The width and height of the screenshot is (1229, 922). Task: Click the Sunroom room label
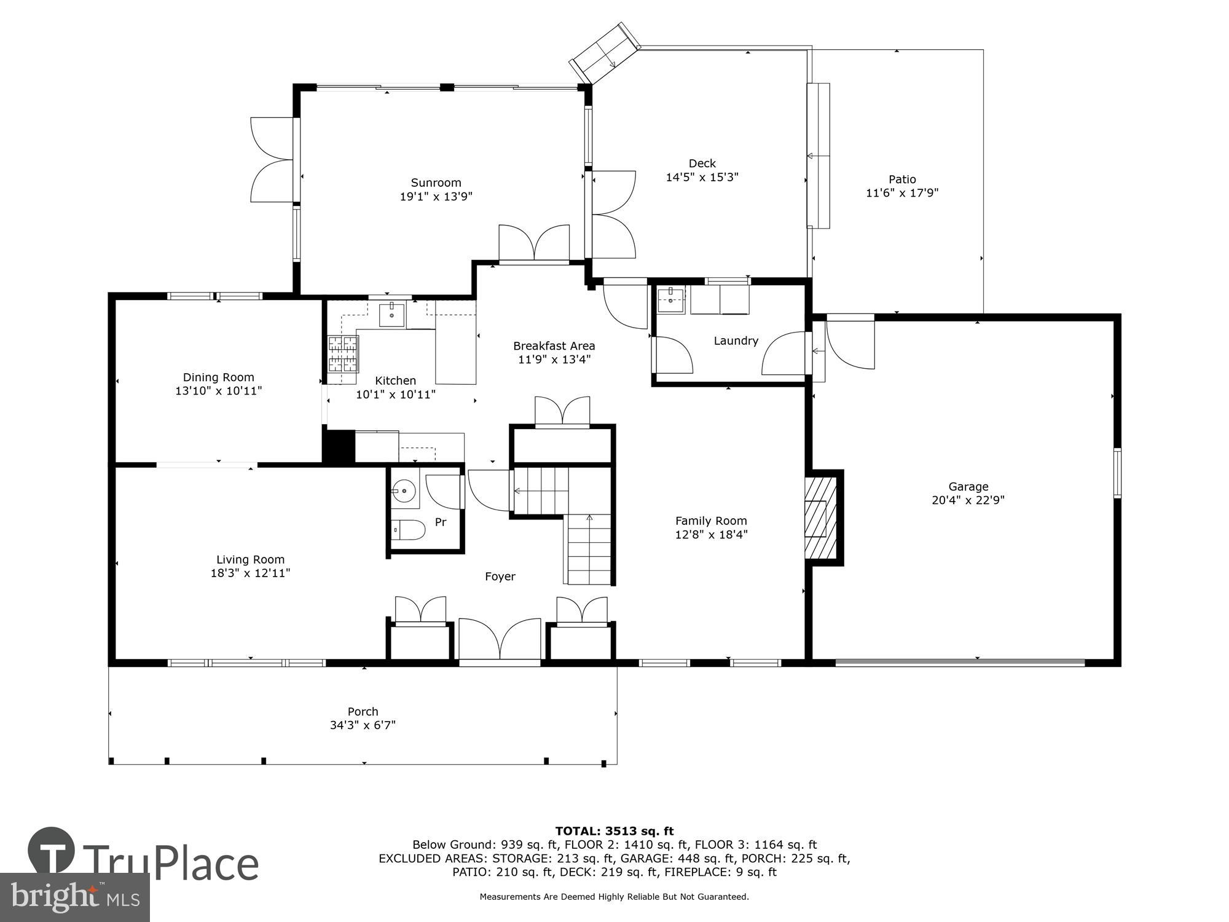coord(436,183)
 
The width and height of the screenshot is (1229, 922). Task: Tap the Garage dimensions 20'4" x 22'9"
coord(968,500)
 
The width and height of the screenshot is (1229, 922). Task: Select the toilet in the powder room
coord(409,529)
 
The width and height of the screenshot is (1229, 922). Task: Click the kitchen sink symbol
coord(391,315)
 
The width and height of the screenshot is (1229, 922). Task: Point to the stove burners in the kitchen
coord(343,354)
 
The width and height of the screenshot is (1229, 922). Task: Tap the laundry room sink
coord(670,301)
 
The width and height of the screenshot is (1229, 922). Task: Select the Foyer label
coord(500,577)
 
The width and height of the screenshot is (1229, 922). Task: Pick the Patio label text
coord(902,179)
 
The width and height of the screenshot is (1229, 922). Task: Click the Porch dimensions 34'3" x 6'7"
coord(363,725)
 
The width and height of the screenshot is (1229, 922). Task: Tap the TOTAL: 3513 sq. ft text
coord(614,832)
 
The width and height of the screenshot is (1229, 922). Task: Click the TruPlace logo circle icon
coord(52,851)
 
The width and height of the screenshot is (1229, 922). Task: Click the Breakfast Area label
coord(554,346)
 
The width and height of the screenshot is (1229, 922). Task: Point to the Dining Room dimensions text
coord(218,391)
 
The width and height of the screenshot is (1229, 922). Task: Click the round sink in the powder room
coord(404,491)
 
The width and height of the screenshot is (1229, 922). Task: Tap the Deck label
coord(702,164)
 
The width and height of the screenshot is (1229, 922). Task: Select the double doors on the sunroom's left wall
coord(273,160)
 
